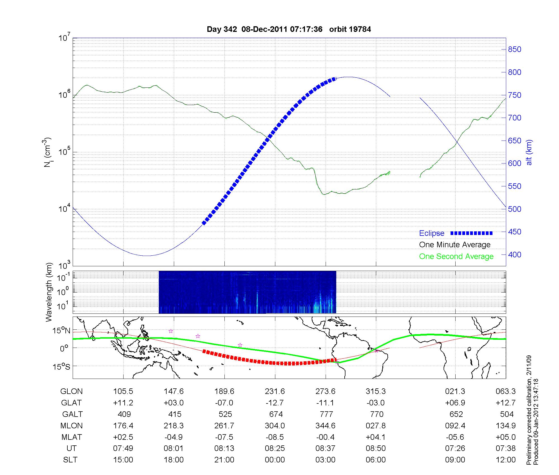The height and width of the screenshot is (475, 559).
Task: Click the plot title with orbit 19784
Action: point(289,29)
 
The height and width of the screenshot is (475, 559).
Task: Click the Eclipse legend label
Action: point(432,233)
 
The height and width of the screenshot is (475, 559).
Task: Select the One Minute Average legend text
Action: point(455,245)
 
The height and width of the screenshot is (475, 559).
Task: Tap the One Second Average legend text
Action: point(456,256)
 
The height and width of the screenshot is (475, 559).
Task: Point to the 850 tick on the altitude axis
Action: point(514,49)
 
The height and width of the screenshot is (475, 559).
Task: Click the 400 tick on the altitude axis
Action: point(514,255)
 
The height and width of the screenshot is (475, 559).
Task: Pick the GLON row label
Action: point(72,391)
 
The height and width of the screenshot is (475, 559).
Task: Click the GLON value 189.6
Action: point(224,391)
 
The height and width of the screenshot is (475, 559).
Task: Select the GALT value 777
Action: point(326,414)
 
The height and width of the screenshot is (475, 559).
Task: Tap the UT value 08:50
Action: point(376,448)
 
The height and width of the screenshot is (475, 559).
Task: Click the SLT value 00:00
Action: point(275,460)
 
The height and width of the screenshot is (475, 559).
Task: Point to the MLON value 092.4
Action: point(455,426)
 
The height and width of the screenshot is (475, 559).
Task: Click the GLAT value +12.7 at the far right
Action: point(506,403)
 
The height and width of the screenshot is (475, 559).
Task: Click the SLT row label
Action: point(70,460)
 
